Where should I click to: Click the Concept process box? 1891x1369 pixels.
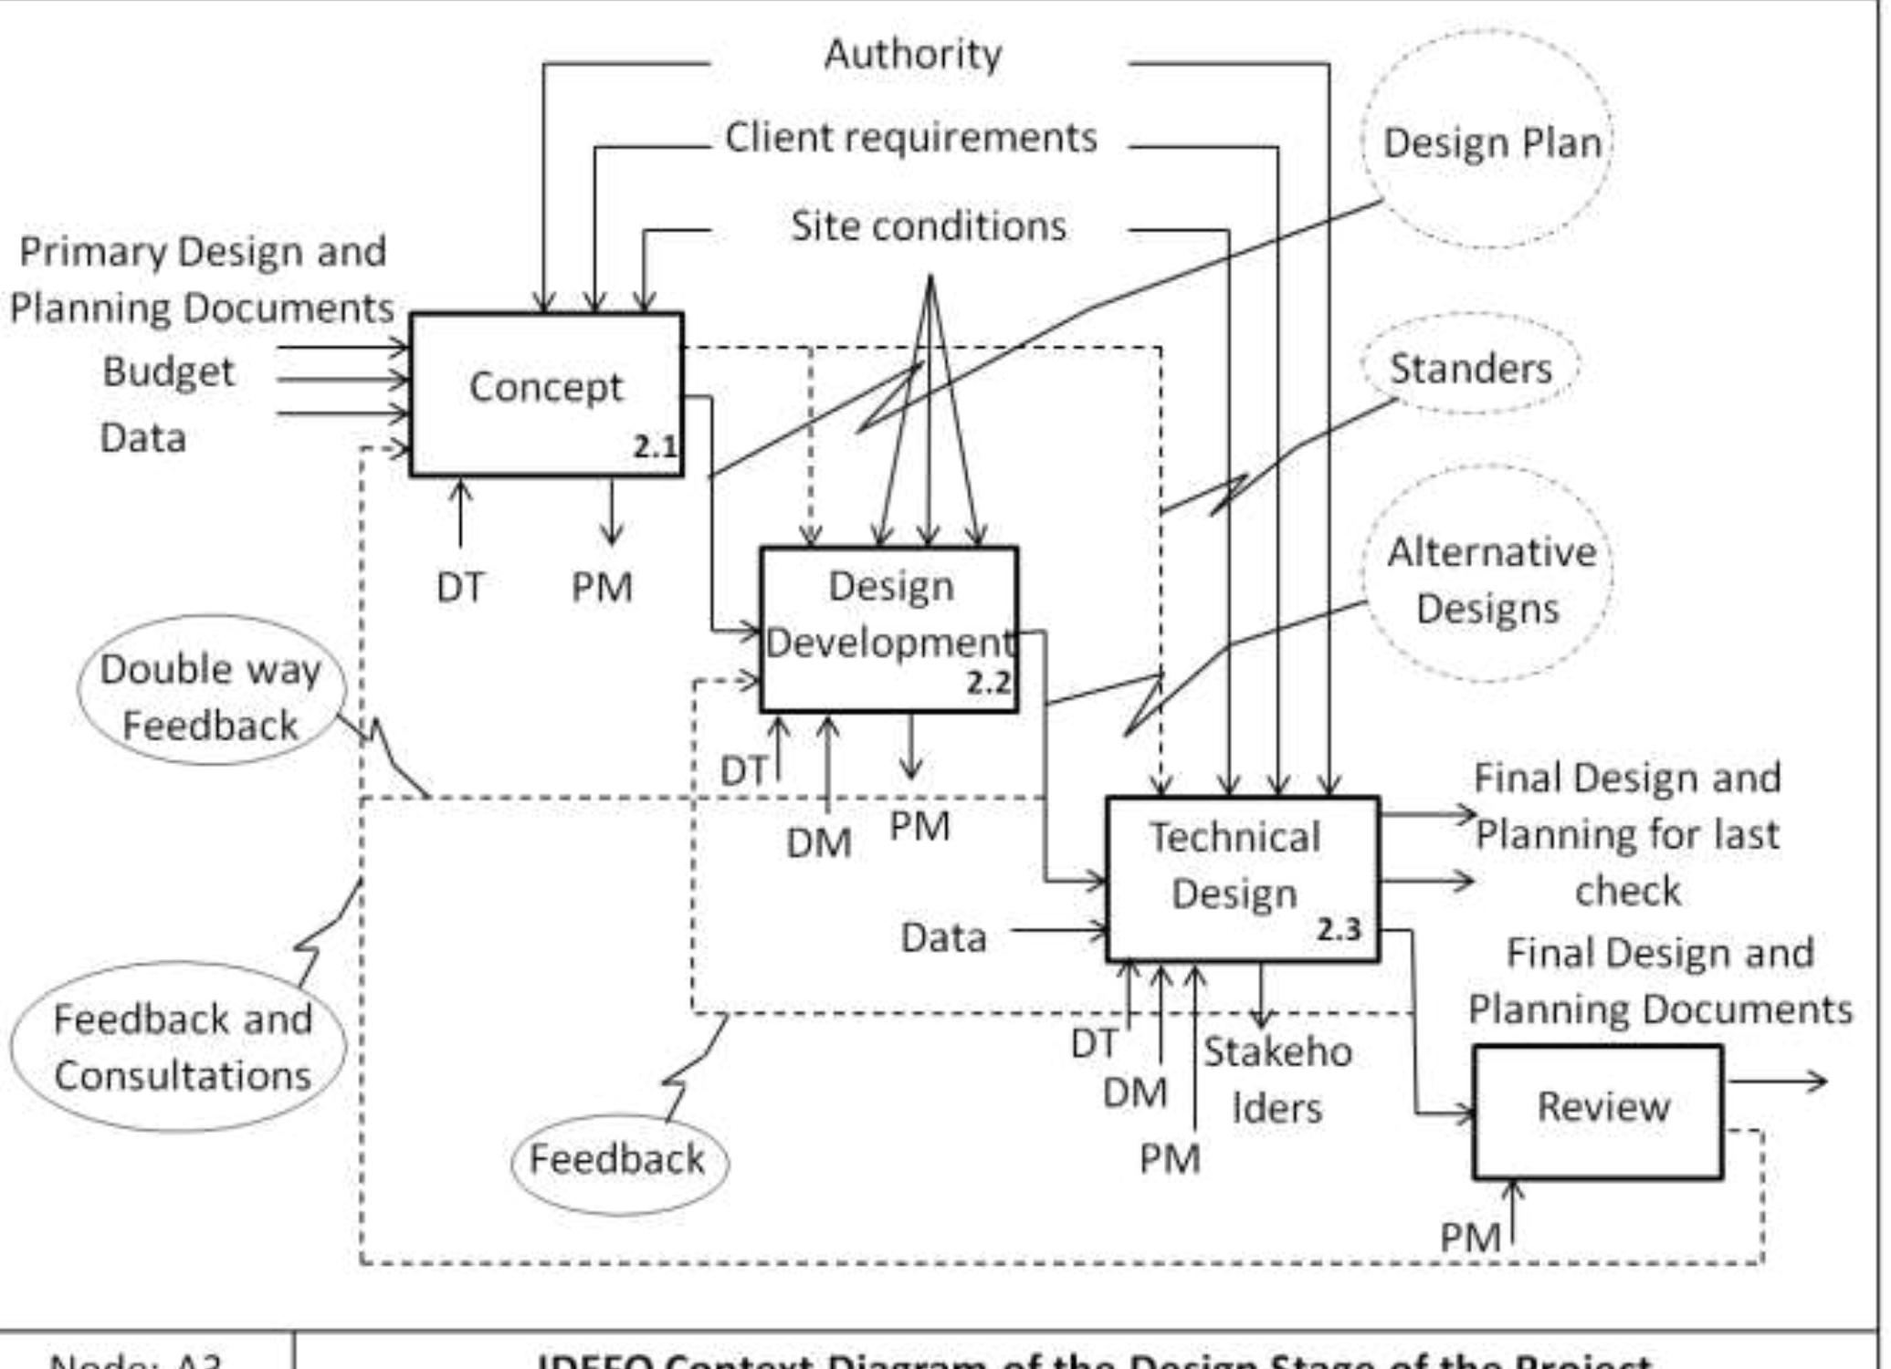tap(546, 394)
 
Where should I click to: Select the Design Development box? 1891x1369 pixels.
tap(888, 629)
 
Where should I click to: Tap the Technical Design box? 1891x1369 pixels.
tap(1242, 878)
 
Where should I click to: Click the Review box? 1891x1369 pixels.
tap(1598, 1111)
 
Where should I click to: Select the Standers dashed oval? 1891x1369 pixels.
tap(1470, 367)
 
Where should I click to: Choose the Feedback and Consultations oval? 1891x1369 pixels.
tap(181, 1046)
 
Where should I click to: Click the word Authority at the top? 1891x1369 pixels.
tap(912, 55)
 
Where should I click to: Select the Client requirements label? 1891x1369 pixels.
tap(910, 139)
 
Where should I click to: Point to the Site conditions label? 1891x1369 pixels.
tap(928, 226)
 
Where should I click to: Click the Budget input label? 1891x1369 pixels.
tap(169, 371)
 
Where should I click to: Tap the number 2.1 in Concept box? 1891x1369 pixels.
tap(655, 447)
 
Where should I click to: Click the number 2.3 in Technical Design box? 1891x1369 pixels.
tap(1339, 930)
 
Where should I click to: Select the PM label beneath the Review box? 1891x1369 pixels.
tap(1470, 1238)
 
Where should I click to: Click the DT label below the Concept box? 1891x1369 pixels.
tap(459, 587)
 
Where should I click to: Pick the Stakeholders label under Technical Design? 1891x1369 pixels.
tap(1276, 1080)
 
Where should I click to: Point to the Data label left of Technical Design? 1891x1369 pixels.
tap(943, 937)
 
